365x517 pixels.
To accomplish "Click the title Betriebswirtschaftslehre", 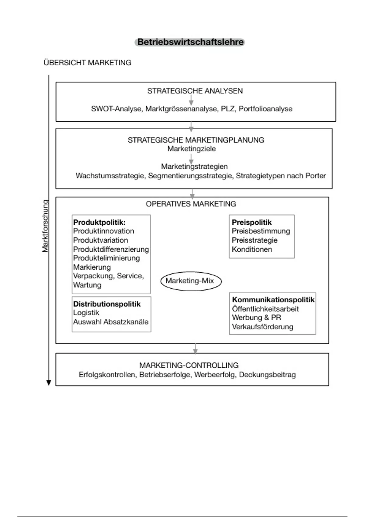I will (x=190, y=42).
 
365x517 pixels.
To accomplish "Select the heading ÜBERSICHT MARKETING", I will (x=88, y=63).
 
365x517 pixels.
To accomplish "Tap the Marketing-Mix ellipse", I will (x=191, y=281).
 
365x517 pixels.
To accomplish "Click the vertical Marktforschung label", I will (x=45, y=226).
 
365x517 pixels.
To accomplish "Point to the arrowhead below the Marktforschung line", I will (x=49, y=383).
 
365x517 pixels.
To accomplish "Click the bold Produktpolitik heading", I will (x=99, y=222).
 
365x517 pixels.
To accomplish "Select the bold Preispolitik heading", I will (x=252, y=222).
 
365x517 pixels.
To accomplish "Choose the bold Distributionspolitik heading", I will (x=107, y=304).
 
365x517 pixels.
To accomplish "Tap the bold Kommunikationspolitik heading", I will (x=273, y=300).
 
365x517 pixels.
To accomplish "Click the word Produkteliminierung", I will (x=106, y=258).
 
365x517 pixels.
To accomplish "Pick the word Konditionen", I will (x=252, y=249).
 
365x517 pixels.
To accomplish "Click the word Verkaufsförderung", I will (x=262, y=327).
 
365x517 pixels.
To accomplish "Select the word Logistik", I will (x=86, y=313).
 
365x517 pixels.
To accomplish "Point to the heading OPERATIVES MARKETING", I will (x=191, y=204).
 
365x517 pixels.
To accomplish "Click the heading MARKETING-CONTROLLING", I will (x=189, y=365).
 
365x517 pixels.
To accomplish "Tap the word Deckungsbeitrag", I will (x=267, y=375).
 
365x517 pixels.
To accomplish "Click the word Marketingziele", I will (x=191, y=149).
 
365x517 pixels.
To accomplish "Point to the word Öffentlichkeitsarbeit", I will (x=265, y=309).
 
